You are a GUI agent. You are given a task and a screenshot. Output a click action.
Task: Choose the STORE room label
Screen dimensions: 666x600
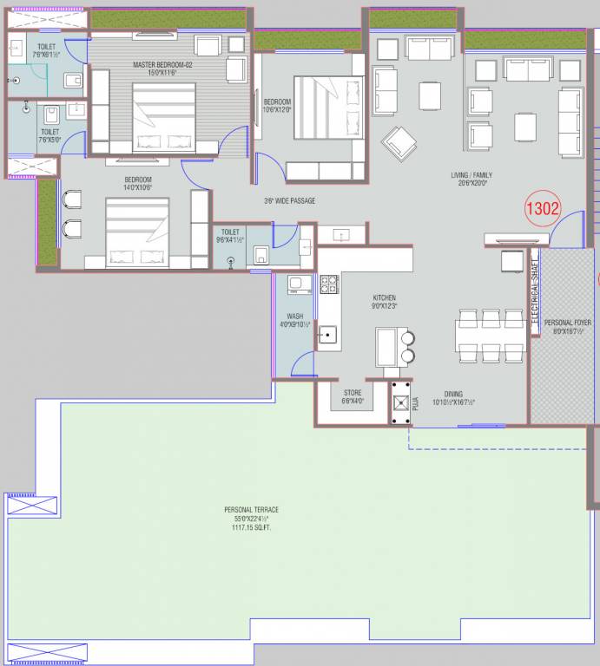[353, 393]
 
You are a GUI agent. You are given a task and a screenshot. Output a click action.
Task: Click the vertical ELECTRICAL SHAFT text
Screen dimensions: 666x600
[535, 291]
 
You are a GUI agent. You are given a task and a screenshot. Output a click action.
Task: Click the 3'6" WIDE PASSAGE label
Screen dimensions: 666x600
[289, 201]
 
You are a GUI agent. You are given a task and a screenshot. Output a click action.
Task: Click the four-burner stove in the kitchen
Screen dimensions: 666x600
[329, 284]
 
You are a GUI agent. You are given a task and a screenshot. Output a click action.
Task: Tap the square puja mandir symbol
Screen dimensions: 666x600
[400, 403]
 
